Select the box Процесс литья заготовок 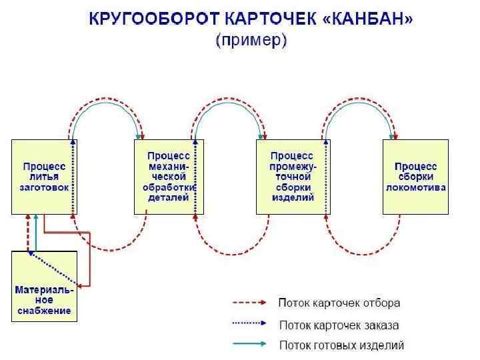click(x=44, y=177)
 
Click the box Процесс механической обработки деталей click(x=169, y=177)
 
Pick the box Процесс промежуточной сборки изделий click(x=292, y=177)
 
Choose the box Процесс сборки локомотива click(x=415, y=177)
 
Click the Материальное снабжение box click(x=44, y=286)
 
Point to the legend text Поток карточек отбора click(x=339, y=303)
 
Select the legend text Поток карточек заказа click(x=339, y=325)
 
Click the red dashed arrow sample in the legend click(x=251, y=303)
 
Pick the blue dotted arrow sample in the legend click(x=251, y=325)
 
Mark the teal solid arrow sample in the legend click(x=251, y=345)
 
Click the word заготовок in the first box click(x=44, y=187)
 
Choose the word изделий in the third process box click(x=292, y=198)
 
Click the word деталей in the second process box click(x=169, y=198)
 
